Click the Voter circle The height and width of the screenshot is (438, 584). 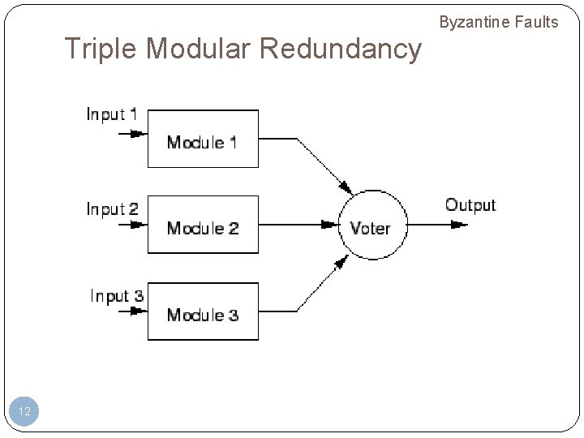tap(370, 226)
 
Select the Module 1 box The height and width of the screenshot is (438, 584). tap(203, 139)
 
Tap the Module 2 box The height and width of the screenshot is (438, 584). tap(203, 225)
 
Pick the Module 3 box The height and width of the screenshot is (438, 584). tap(203, 311)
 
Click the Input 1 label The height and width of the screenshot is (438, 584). tap(112, 114)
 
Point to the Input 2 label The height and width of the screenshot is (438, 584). tap(112, 208)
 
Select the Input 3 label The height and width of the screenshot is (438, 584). tap(116, 295)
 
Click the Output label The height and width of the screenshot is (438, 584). tap(470, 204)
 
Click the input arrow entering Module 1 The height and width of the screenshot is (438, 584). tap(132, 133)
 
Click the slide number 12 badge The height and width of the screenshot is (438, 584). tap(24, 412)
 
